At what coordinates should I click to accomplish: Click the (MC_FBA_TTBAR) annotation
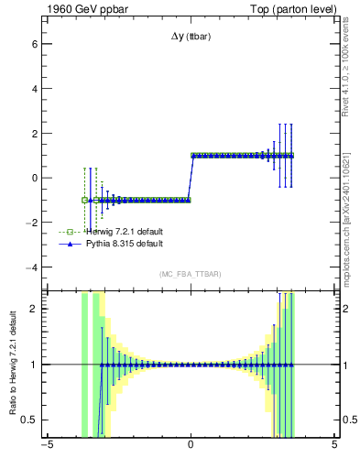coord(191,275)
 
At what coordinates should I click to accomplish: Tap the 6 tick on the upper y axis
coord(34,44)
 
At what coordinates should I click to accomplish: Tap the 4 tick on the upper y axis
coord(34,89)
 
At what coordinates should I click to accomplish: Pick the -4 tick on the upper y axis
coord(31,267)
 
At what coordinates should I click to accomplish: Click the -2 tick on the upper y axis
coord(31,223)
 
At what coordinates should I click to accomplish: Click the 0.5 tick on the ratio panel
coord(29,420)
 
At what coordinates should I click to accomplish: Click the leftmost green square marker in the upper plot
coord(85,200)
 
